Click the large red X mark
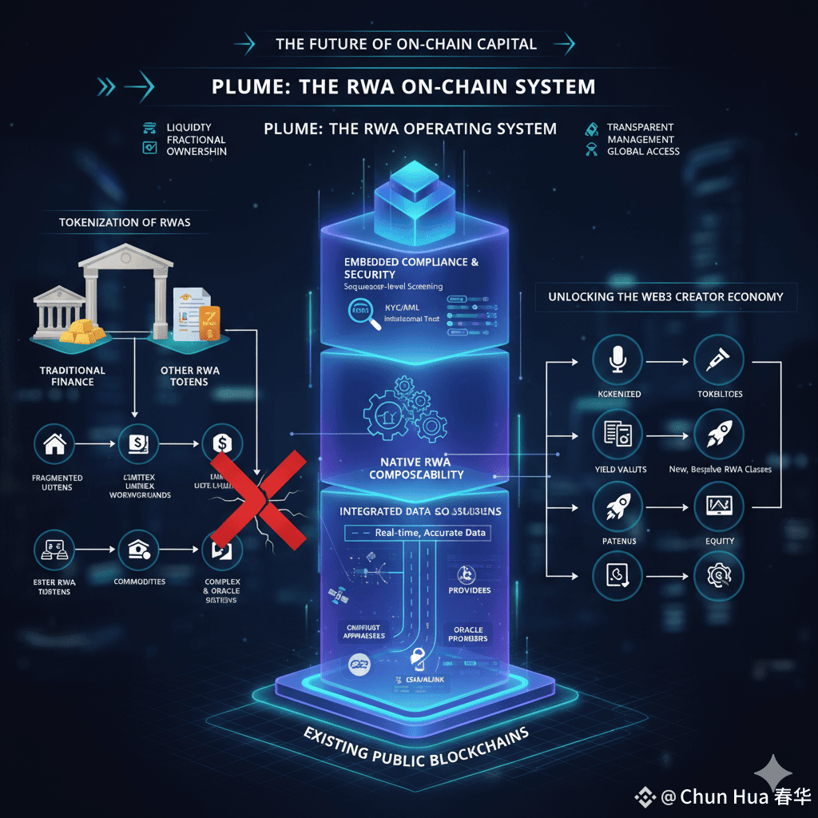tap(259, 501)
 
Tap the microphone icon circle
tap(617, 360)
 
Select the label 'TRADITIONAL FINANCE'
tap(73, 375)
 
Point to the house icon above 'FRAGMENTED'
tap(55, 443)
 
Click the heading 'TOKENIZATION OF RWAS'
tap(125, 222)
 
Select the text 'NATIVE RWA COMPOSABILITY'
tap(415, 468)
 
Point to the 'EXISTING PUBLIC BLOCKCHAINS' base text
tap(416, 744)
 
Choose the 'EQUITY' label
tap(720, 541)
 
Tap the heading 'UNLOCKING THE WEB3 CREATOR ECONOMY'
tap(665, 296)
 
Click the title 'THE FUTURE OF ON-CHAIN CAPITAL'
tap(406, 44)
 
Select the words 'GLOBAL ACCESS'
tap(643, 151)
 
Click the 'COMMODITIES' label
tap(140, 582)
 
